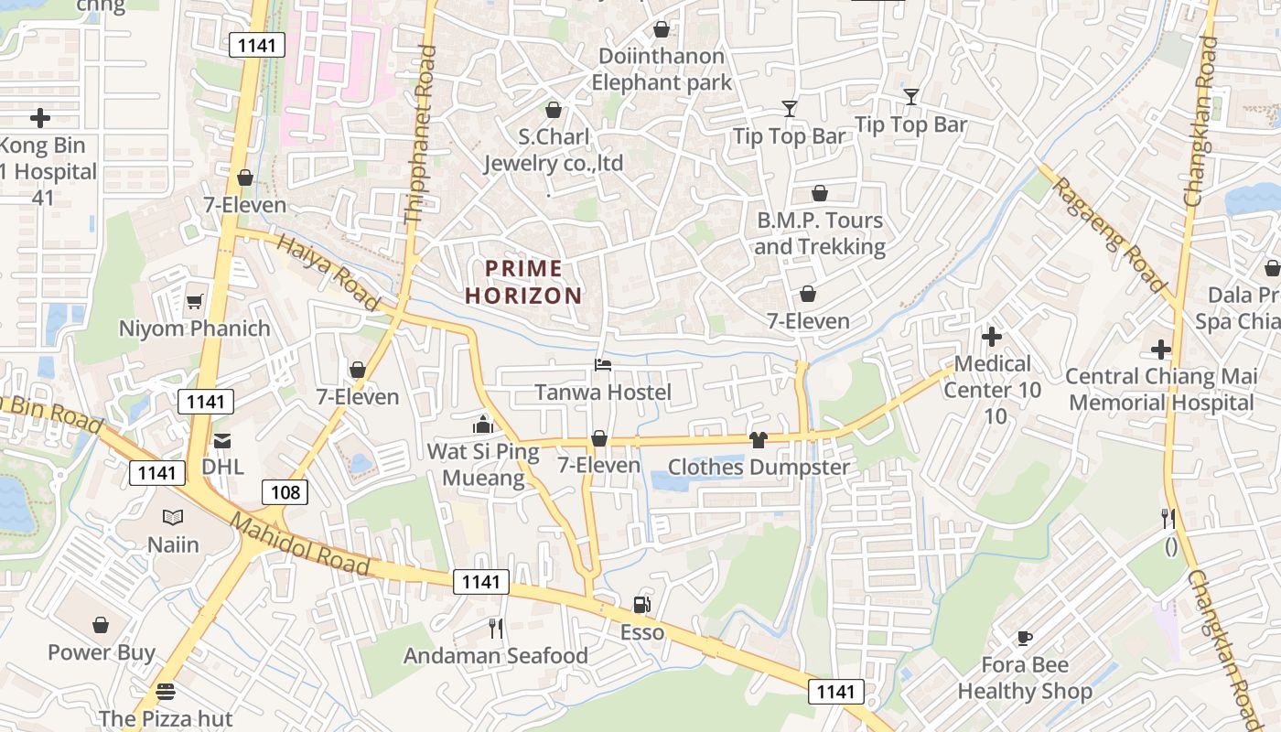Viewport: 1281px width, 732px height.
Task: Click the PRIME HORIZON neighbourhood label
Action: click(523, 282)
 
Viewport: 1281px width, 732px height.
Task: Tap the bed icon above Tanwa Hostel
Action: click(603, 365)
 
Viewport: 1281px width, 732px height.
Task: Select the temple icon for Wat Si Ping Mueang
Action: click(482, 425)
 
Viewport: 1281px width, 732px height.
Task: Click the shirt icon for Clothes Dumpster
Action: click(758, 440)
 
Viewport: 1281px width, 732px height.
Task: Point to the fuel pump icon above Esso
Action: click(642, 604)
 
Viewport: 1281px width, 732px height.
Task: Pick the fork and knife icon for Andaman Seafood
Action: click(496, 628)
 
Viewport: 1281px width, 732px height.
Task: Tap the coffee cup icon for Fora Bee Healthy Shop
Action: click(1025, 638)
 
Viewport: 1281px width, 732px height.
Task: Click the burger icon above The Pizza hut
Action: click(166, 691)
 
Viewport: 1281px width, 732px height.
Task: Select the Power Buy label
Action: click(102, 652)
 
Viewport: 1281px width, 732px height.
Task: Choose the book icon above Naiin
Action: click(173, 517)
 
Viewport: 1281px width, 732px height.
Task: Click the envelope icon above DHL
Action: click(222, 441)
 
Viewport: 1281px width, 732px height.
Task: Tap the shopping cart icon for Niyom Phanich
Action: click(195, 301)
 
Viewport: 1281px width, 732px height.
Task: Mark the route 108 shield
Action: click(285, 492)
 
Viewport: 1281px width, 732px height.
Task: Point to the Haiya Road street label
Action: click(328, 272)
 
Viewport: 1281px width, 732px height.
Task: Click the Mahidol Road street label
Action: click(300, 545)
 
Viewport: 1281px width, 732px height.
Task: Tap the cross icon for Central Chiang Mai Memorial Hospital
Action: click(1161, 350)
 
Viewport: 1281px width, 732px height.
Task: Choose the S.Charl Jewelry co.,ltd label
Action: click(553, 150)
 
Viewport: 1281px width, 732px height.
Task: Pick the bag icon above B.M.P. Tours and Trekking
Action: click(820, 193)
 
